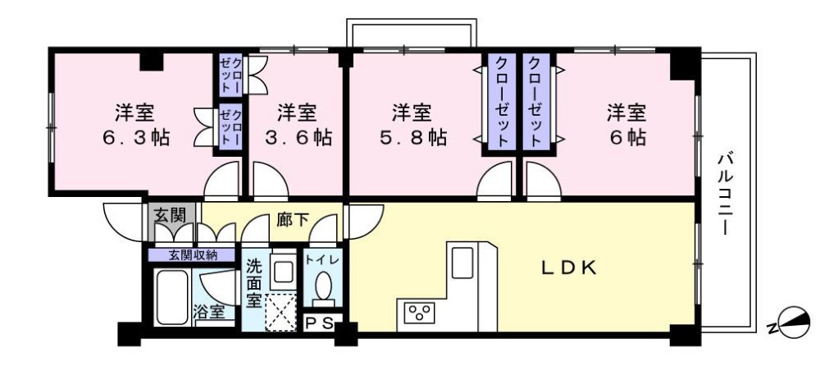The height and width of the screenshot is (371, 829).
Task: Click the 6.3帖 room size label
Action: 136,138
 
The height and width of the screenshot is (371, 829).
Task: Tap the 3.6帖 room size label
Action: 298,138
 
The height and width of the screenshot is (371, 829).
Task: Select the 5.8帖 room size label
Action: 413,138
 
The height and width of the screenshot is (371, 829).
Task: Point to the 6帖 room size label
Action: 627,138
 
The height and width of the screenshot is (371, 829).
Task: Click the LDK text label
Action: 569,268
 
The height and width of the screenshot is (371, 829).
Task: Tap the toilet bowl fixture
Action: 322,286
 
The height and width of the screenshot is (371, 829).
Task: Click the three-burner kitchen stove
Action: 419,312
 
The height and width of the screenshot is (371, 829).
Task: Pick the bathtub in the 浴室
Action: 172,297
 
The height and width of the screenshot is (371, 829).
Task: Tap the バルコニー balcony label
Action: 726,194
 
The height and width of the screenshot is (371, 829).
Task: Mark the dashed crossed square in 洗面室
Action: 280,312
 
